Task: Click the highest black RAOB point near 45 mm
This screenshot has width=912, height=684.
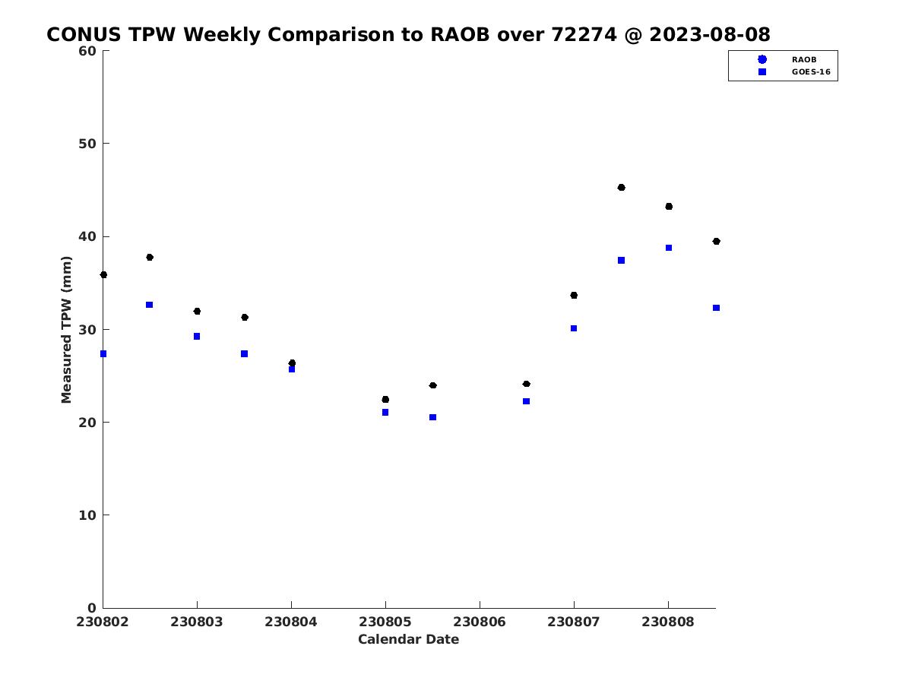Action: click(621, 187)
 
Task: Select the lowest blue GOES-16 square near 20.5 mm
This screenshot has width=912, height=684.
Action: click(432, 417)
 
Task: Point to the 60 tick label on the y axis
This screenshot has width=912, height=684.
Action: click(87, 51)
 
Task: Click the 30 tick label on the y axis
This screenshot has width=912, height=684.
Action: click(87, 330)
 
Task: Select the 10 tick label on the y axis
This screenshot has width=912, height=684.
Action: click(87, 515)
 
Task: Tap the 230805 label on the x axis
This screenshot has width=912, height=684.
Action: click(385, 622)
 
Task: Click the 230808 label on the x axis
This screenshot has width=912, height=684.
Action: click(668, 622)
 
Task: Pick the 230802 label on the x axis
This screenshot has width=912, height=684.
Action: click(102, 622)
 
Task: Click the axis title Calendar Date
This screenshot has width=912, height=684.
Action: click(408, 639)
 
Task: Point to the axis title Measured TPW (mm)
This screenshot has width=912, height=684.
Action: click(66, 329)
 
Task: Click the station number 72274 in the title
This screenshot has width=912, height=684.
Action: click(584, 34)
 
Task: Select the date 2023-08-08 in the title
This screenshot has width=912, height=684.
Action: click(710, 34)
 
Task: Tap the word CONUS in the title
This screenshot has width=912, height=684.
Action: click(84, 34)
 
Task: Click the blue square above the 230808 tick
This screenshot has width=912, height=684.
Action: click(669, 248)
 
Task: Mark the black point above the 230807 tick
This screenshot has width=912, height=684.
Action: click(574, 296)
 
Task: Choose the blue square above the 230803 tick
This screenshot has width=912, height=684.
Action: click(197, 337)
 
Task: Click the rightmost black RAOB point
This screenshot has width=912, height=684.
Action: click(717, 241)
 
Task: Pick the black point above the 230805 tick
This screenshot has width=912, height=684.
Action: click(385, 400)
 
